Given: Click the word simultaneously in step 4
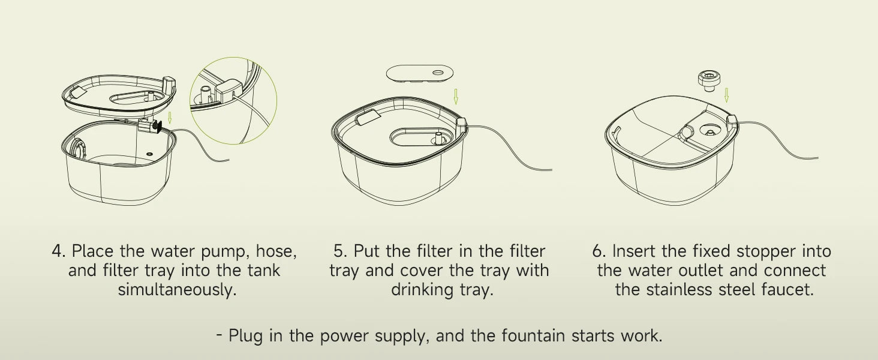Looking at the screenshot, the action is coord(177,290).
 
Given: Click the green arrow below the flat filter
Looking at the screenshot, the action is coord(455,96).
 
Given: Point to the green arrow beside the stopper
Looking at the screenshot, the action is coord(726,95).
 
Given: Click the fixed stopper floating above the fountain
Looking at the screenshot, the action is coord(708,81).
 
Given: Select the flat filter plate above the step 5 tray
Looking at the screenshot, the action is coord(420,73).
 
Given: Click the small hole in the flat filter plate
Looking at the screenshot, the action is coord(438,73).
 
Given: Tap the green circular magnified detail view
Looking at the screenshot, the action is coord(233,100).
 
